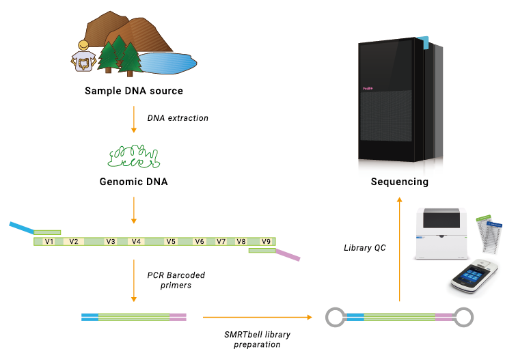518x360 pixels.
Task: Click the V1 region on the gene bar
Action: point(49,241)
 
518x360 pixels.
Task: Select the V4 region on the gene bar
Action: point(136,241)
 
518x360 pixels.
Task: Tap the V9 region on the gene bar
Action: point(267,241)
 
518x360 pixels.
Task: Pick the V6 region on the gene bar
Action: point(200,241)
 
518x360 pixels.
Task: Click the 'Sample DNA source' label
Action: point(134,91)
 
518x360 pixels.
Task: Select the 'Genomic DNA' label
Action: point(134,182)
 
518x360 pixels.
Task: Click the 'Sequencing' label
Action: point(400,182)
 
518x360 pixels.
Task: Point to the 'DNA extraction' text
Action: point(178,118)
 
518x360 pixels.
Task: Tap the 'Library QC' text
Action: point(364,248)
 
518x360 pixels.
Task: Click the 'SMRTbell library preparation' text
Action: point(252,339)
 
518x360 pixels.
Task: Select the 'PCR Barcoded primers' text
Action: point(176,280)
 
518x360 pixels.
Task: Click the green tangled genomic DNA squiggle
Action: point(134,156)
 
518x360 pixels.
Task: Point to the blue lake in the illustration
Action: point(167,64)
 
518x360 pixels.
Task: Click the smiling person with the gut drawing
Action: point(83,57)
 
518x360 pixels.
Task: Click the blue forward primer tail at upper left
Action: point(22,227)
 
